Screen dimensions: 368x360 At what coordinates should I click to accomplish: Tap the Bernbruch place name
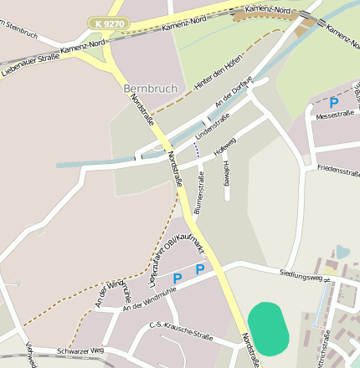click(151, 88)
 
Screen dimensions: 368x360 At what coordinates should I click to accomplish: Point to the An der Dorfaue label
click(234, 91)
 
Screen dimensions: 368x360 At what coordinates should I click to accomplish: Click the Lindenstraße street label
click(212, 125)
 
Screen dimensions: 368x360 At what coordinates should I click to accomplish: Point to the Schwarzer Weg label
click(80, 350)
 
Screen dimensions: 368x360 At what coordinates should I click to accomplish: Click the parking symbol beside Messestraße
click(334, 102)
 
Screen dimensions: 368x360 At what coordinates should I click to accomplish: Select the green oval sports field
click(269, 329)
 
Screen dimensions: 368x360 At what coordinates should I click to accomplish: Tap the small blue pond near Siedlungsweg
click(342, 251)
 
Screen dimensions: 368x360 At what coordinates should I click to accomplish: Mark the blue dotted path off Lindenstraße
click(197, 150)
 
